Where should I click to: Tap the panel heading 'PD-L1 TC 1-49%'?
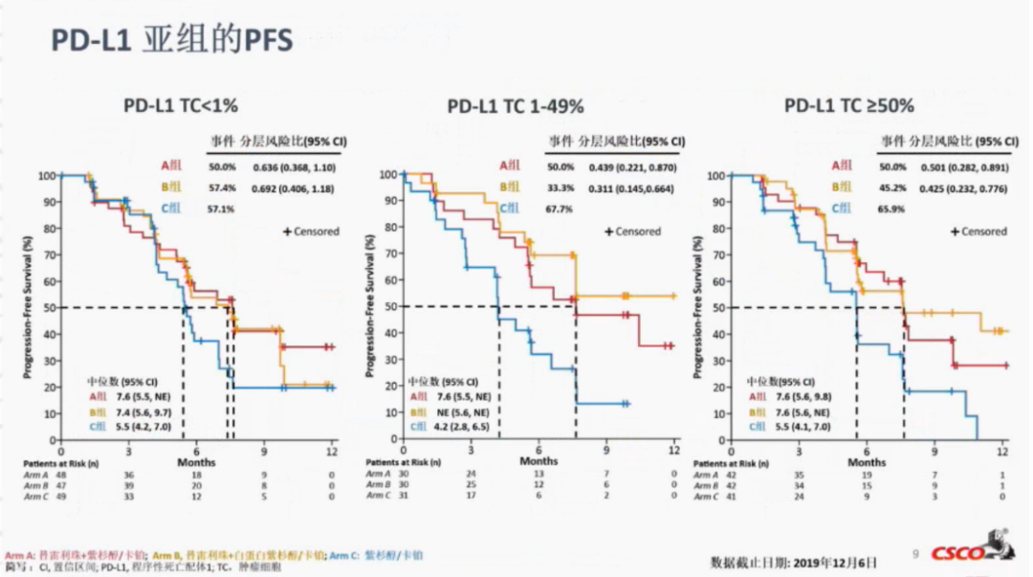[x=516, y=106]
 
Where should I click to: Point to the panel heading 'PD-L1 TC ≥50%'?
[x=849, y=105]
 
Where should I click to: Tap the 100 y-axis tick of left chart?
[x=47, y=176]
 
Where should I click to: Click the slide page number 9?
[x=915, y=553]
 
